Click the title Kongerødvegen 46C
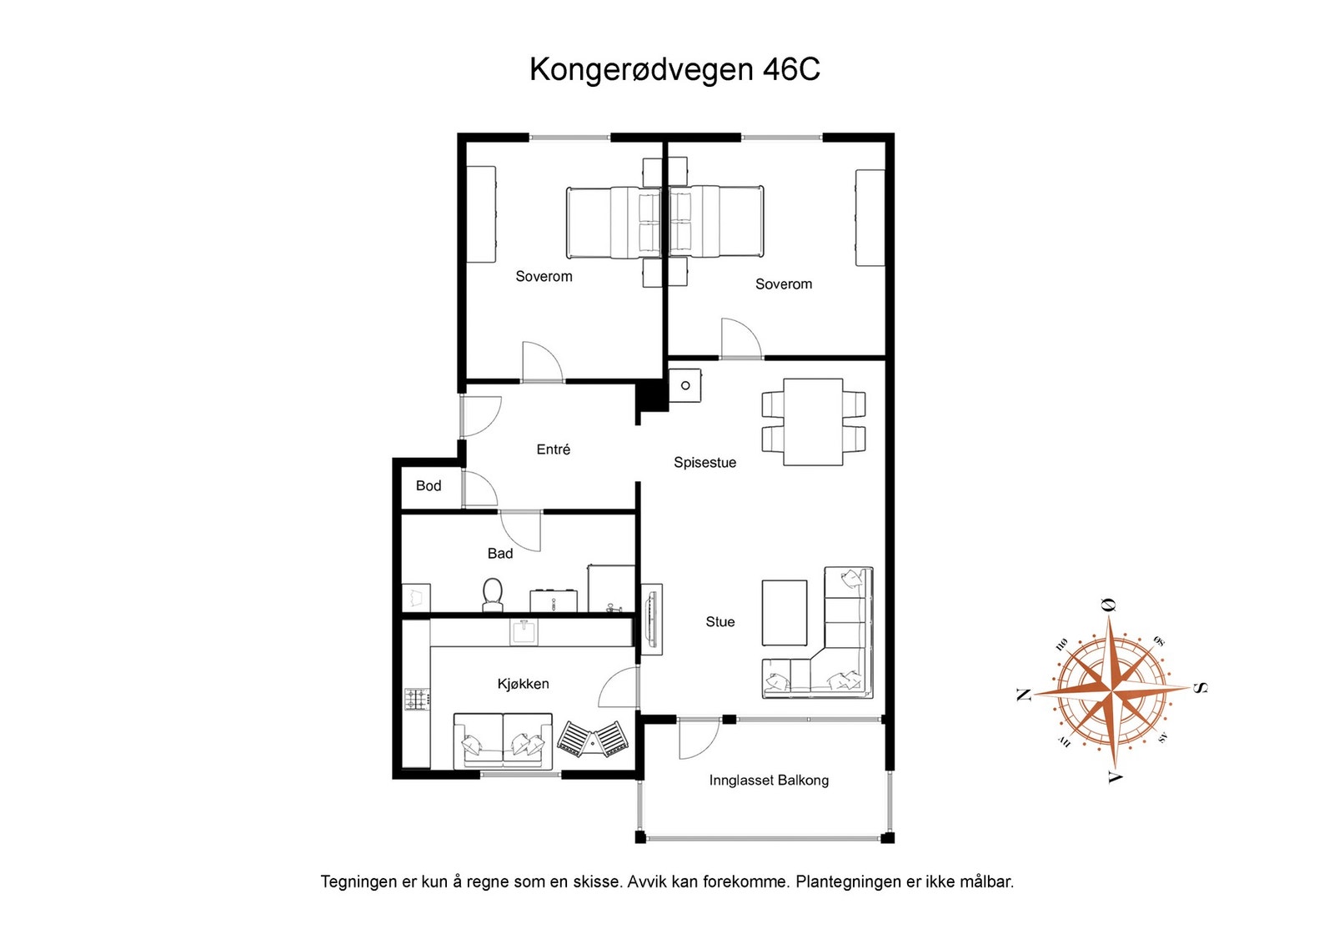pyautogui.click(x=675, y=69)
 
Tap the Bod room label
pyautogui.click(x=429, y=485)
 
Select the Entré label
pyautogui.click(x=553, y=449)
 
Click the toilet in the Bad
pyautogui.click(x=493, y=595)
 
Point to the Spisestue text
pyautogui.click(x=705, y=463)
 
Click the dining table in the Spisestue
pyautogui.click(x=813, y=421)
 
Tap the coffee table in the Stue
pyautogui.click(x=784, y=613)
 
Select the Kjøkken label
pyautogui.click(x=523, y=684)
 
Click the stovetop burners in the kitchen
pyautogui.click(x=417, y=699)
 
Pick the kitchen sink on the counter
pyautogui.click(x=524, y=631)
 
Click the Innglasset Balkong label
pyautogui.click(x=768, y=781)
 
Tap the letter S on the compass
pyautogui.click(x=1198, y=688)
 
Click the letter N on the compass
pyautogui.click(x=1023, y=695)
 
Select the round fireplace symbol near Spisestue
pyautogui.click(x=685, y=385)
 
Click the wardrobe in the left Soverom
pyautogui.click(x=481, y=214)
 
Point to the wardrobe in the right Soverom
pyautogui.click(x=870, y=218)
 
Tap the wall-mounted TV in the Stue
pyautogui.click(x=651, y=618)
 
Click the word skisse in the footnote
pyautogui.click(x=594, y=881)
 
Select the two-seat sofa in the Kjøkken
pyautogui.click(x=503, y=741)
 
